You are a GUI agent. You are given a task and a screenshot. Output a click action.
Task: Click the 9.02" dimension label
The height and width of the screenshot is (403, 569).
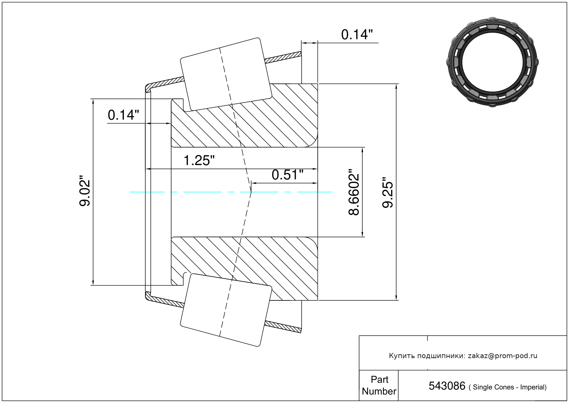[x=85, y=190]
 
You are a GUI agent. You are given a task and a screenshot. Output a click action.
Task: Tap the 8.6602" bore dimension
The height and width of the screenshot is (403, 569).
[x=354, y=192]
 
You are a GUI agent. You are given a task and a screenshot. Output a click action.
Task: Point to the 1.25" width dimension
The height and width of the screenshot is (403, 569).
[x=199, y=161]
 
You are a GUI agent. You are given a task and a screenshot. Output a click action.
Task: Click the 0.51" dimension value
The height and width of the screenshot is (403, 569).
[x=287, y=175]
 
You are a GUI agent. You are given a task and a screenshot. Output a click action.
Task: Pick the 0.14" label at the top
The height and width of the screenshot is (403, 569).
[x=357, y=35]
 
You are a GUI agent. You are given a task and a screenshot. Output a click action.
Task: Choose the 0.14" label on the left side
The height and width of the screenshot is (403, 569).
[x=124, y=115]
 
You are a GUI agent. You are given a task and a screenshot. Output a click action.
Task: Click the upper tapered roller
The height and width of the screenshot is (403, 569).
[x=226, y=74]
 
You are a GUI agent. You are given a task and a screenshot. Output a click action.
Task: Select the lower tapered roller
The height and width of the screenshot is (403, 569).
[x=226, y=310]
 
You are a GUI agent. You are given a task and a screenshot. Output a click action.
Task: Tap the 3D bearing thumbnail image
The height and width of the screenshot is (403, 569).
[x=492, y=62]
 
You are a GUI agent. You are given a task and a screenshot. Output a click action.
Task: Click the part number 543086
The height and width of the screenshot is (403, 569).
[x=447, y=386]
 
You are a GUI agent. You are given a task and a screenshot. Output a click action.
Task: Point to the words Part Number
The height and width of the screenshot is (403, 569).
[x=379, y=385]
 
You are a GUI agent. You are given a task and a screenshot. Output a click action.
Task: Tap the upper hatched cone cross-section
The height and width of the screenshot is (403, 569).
[x=244, y=115]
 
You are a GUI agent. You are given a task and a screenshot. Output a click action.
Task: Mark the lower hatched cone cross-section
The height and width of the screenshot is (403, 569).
[x=244, y=269]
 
